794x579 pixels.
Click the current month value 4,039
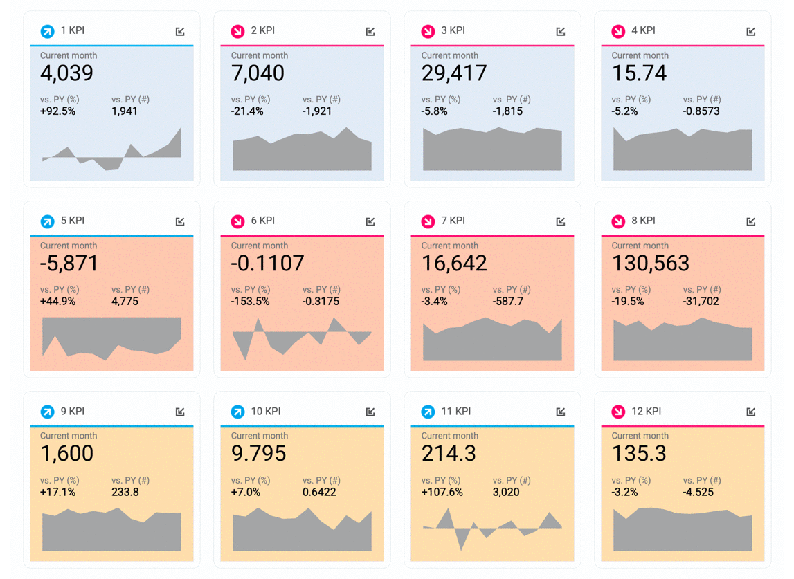[66, 73]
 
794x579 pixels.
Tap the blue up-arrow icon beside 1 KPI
[47, 31]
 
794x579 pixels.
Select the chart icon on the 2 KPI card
[370, 31]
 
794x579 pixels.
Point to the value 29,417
[454, 73]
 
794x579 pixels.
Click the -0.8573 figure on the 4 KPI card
[701, 111]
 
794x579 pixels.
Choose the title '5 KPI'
[73, 221]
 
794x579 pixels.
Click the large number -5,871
[69, 264]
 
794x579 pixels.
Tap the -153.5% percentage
[250, 302]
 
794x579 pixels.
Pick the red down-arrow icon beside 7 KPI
[428, 221]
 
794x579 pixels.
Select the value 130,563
[651, 264]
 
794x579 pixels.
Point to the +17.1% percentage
[57, 493]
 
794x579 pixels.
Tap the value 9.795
[259, 454]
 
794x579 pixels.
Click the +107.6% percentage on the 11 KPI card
[442, 493]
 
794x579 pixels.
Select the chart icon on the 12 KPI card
[751, 412]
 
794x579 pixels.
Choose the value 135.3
[639, 454]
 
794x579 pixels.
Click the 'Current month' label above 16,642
[450, 246]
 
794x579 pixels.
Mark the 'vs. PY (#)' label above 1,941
[130, 100]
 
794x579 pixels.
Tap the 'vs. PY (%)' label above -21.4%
[251, 100]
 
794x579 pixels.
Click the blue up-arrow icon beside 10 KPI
[237, 412]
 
